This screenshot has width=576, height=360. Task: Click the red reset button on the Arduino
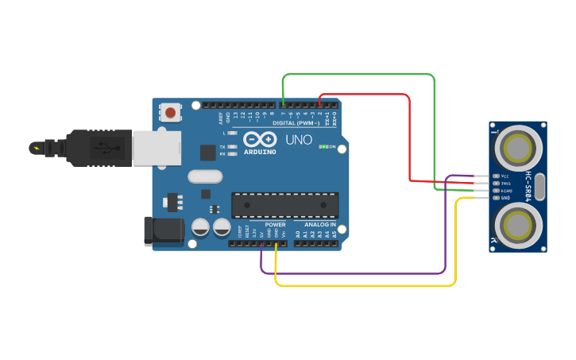pos(171,112)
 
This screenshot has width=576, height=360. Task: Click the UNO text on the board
pos(299,139)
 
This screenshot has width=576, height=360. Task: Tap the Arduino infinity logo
pos(259,138)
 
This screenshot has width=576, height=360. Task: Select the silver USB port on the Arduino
pos(154,149)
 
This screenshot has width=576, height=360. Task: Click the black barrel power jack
pos(163,230)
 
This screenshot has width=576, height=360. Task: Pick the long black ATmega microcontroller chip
pos(284,205)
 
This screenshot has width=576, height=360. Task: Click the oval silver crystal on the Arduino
pos(205,176)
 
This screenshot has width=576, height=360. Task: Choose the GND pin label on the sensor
pos(505,197)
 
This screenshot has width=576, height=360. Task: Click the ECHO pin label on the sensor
pos(506,190)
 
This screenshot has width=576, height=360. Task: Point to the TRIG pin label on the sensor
pos(505,183)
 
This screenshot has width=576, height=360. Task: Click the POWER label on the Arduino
pos(275,225)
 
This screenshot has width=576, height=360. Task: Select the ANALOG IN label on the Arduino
pos(317,225)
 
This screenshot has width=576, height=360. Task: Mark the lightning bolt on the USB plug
pos(36,148)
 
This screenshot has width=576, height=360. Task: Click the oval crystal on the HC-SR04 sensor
pos(541,187)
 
